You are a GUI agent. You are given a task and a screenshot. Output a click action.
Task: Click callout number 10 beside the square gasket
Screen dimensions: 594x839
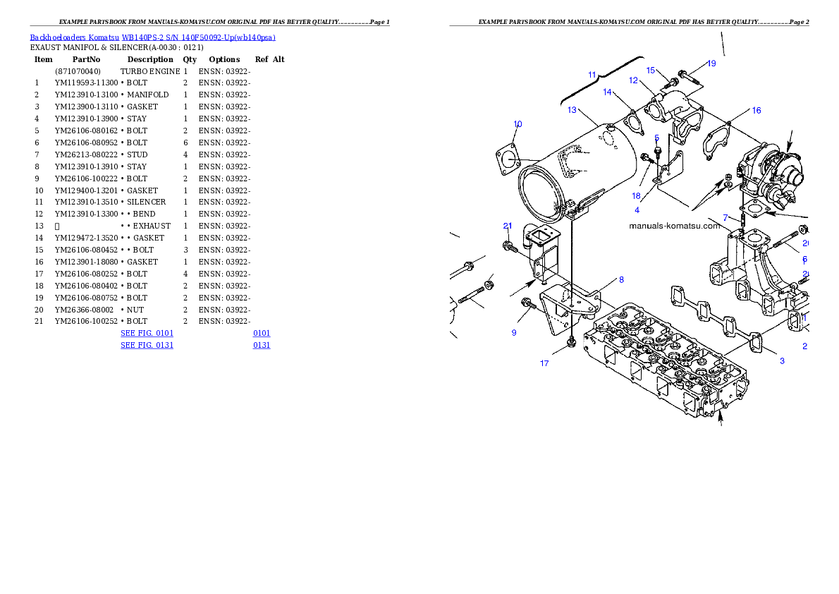click(x=518, y=124)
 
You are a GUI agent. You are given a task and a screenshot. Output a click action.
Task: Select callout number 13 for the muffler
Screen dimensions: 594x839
click(x=572, y=110)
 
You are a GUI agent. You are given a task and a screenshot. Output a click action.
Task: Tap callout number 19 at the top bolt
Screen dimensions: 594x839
click(x=711, y=63)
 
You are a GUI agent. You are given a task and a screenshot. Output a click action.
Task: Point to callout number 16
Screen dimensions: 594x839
click(x=756, y=111)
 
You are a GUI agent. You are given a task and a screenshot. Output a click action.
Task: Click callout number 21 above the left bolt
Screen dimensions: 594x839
click(x=508, y=226)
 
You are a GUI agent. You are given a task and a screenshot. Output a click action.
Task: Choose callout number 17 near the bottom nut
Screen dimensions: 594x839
click(x=544, y=363)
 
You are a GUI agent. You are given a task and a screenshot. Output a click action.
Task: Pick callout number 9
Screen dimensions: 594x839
click(x=514, y=332)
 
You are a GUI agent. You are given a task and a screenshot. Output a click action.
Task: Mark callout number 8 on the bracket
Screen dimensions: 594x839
click(x=621, y=279)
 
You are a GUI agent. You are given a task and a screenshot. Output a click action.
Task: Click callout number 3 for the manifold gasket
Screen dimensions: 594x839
click(x=781, y=361)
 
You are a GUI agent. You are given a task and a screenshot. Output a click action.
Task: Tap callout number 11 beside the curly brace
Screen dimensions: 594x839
click(x=592, y=75)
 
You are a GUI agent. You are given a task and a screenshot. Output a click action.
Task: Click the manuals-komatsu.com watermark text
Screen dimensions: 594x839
click(x=675, y=226)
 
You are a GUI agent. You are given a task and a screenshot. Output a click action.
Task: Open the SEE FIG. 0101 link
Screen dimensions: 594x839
click(x=147, y=332)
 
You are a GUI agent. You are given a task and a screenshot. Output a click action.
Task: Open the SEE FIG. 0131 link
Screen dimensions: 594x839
click(x=147, y=345)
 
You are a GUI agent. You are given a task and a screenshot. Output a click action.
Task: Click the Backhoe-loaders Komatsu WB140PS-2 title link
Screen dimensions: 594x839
click(x=152, y=37)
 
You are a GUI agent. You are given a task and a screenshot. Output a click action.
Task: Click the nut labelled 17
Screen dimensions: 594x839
click(x=571, y=344)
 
